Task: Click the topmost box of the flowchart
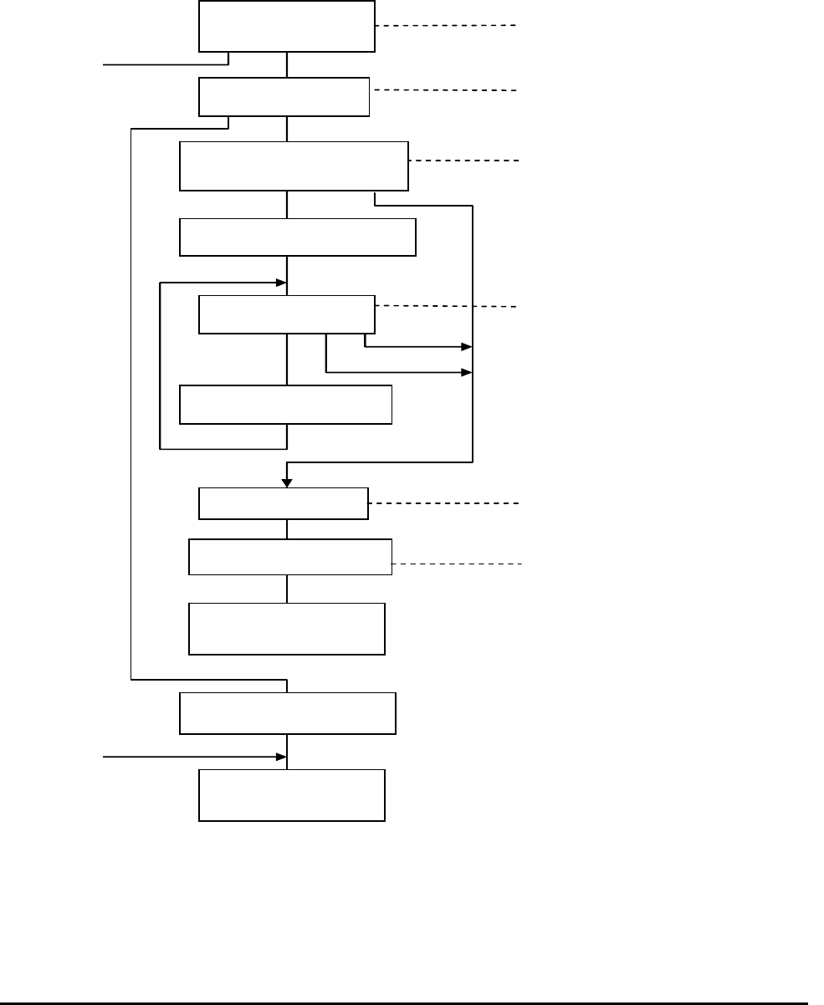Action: (286, 26)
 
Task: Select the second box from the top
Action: (284, 97)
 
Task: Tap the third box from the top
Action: (294, 166)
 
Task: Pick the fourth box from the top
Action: (298, 237)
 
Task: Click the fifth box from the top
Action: (287, 314)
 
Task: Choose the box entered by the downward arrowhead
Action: (283, 503)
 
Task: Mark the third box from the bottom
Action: (287, 628)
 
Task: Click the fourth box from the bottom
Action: (290, 557)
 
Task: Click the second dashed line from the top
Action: (443, 89)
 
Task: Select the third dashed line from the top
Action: (463, 159)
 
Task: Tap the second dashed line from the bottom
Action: (443, 503)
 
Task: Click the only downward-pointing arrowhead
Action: (287, 482)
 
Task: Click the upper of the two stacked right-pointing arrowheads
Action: (466, 345)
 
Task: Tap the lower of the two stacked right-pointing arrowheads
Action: (466, 372)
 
